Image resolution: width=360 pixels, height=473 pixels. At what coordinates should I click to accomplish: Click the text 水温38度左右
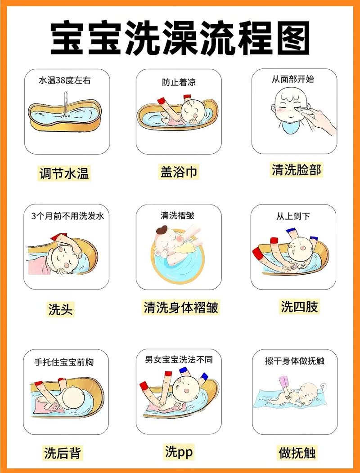coord(66,81)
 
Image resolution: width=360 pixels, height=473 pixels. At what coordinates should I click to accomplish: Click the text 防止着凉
coord(179,82)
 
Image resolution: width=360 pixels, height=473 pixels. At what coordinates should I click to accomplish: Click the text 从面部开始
coord(292,80)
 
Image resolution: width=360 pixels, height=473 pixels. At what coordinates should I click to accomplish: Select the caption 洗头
coord(60,309)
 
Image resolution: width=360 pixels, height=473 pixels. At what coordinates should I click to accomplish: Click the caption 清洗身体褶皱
coord(181,308)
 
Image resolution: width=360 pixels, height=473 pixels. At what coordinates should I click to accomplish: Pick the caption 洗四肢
coord(299,307)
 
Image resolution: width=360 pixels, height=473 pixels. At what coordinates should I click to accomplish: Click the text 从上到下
coord(293,216)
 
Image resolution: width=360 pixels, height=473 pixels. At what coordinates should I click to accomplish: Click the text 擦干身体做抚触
coord(295,361)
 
